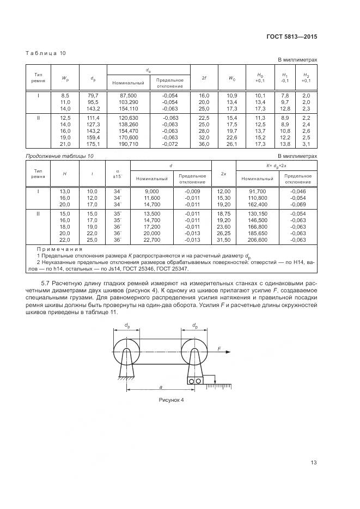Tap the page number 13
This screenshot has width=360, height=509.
[313, 463]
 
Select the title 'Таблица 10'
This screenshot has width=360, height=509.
[46, 53]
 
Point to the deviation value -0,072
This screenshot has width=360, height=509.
[170, 144]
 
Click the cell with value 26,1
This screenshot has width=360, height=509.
[231, 144]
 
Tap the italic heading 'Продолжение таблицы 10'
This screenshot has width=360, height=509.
[60, 156]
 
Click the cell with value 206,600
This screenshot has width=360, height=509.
[257, 240]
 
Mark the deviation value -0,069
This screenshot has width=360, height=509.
[298, 205]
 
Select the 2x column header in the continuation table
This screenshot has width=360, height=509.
[223, 174]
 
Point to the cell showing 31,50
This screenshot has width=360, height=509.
[224, 240]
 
